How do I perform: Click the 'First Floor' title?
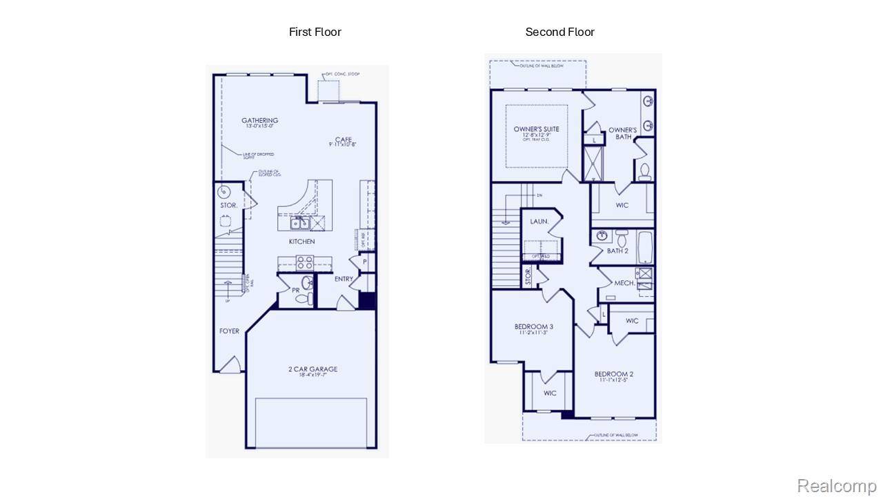tap(315, 32)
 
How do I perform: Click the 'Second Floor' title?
tap(559, 32)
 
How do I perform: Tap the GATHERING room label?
tap(259, 121)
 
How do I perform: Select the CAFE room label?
tap(343, 140)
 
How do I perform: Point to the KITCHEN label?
tap(301, 242)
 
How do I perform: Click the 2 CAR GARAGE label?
tap(312, 369)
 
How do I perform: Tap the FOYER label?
tap(229, 331)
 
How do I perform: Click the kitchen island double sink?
tap(299, 224)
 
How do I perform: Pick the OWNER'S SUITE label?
tap(536, 129)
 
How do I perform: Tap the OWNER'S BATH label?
tap(622, 133)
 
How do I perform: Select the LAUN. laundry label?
tap(539, 222)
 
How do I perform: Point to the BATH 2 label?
tap(617, 251)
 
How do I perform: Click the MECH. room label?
tap(624, 283)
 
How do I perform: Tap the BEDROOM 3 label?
tap(533, 327)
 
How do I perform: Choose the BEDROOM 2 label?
tap(613, 375)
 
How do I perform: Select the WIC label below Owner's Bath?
tap(622, 206)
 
